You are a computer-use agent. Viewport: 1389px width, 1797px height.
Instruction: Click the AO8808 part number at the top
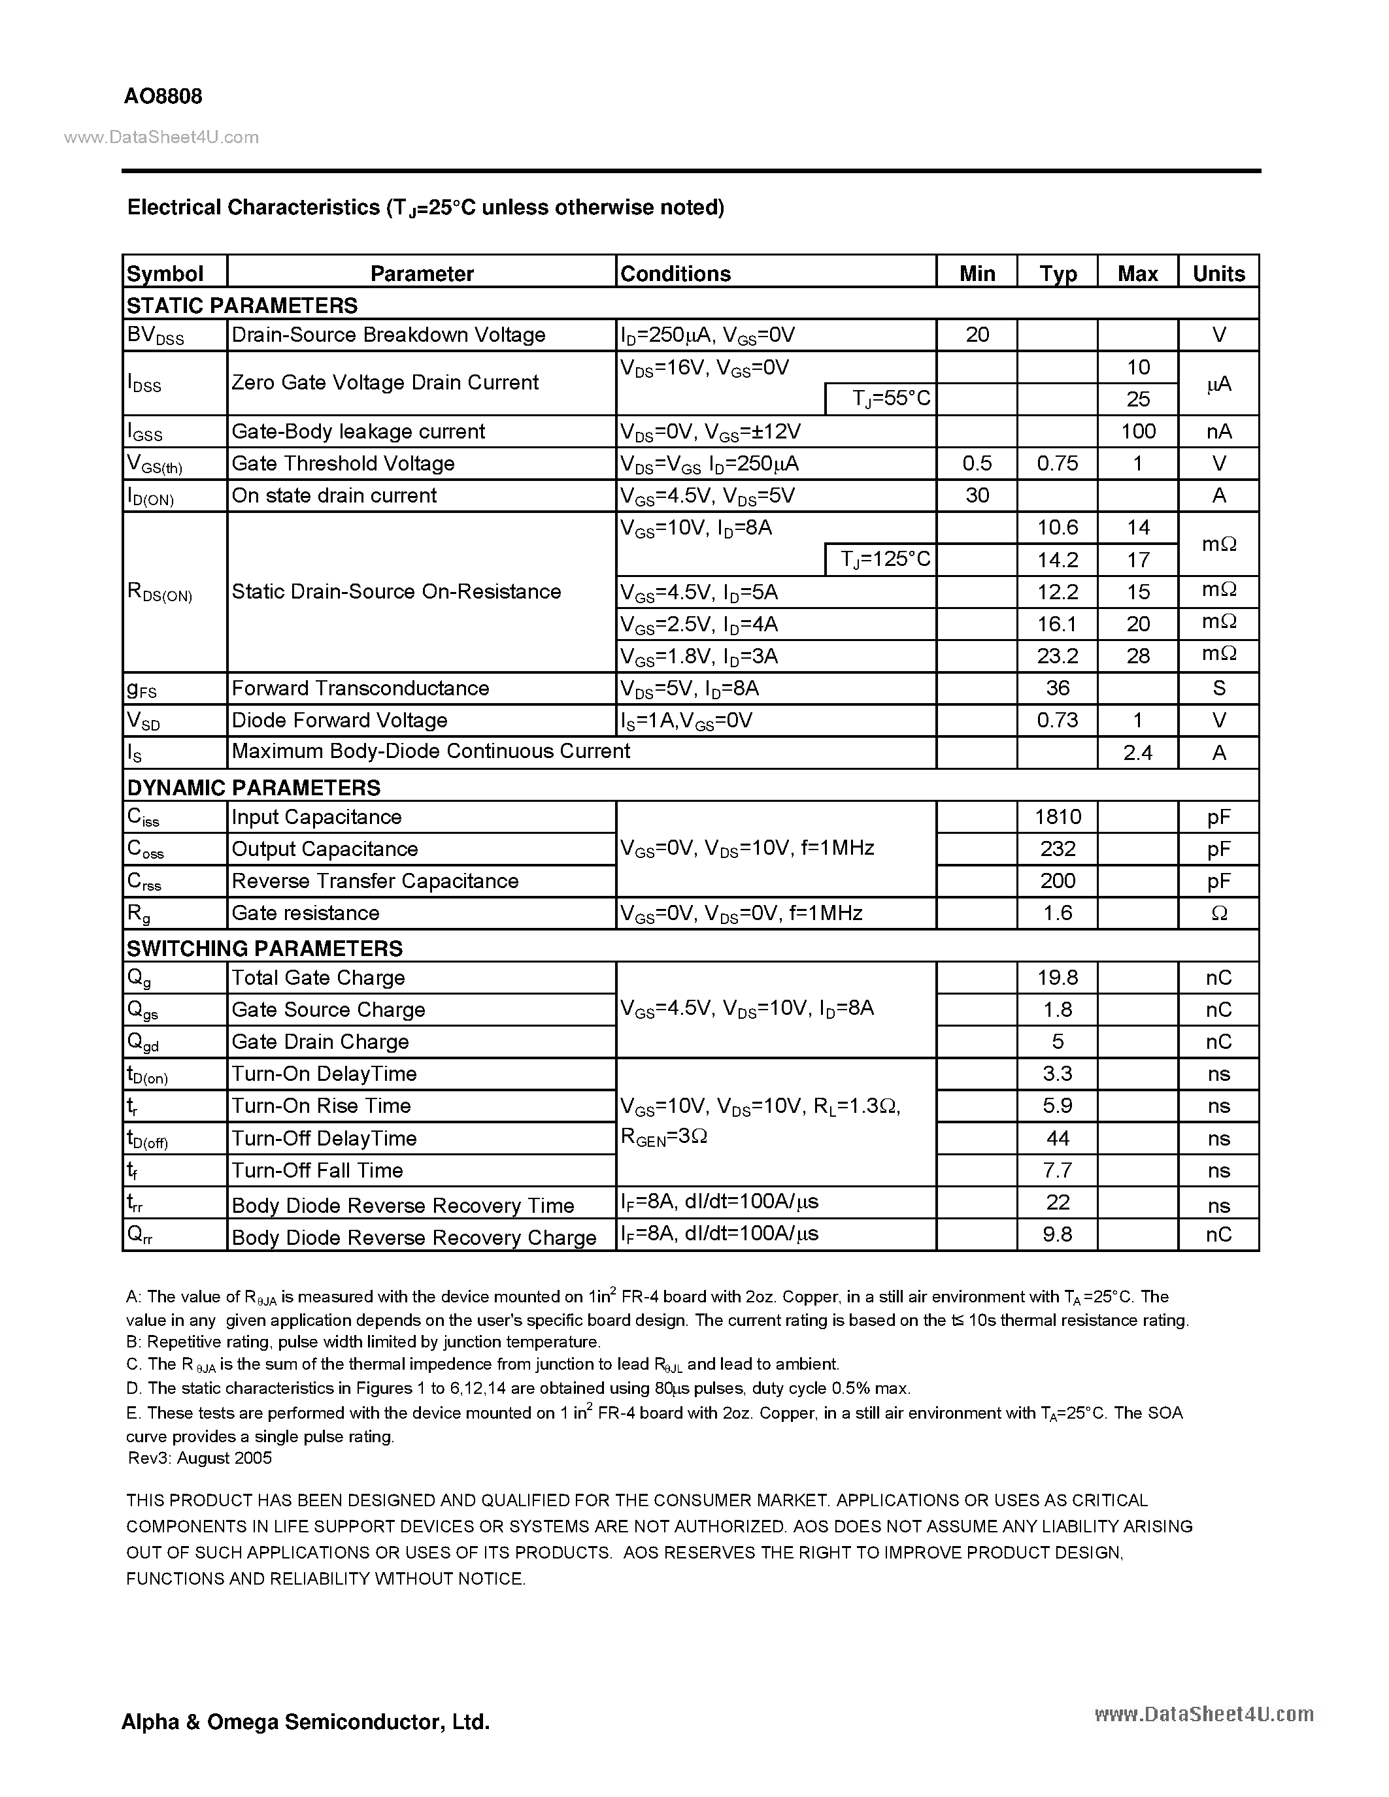coord(163,96)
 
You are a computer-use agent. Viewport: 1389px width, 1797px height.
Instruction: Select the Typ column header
coord(1058,273)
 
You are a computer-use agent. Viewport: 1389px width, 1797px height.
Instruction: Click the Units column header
coord(1218,273)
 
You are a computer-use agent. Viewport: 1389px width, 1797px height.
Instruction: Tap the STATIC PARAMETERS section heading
coord(242,305)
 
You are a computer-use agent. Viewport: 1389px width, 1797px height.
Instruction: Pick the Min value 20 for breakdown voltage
coord(977,335)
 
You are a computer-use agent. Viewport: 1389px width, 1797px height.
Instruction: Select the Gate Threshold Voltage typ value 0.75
coord(1058,463)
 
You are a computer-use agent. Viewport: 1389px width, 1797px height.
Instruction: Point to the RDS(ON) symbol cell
coord(159,593)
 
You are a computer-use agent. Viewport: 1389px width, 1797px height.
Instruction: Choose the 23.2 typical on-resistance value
coord(1058,656)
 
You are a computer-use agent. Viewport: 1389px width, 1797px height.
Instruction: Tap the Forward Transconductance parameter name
coord(360,688)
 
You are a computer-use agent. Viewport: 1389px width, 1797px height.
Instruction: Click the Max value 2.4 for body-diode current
coord(1138,752)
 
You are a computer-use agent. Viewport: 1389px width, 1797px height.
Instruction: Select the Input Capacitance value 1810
coord(1058,816)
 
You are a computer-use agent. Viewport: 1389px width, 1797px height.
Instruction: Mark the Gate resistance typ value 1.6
coord(1058,912)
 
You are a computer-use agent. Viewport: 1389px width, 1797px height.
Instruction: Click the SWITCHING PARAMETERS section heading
coord(264,948)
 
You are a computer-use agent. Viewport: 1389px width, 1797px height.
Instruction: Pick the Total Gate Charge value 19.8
coord(1058,978)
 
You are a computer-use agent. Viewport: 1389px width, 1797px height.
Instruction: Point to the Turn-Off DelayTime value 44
coord(1058,1138)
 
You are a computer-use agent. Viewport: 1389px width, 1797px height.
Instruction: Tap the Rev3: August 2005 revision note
coord(200,1458)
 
